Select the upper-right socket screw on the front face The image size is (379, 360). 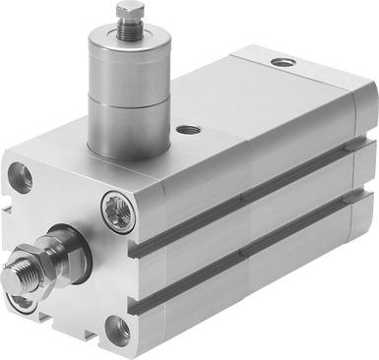click(x=117, y=210)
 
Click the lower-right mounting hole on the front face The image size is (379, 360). click(x=116, y=330)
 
